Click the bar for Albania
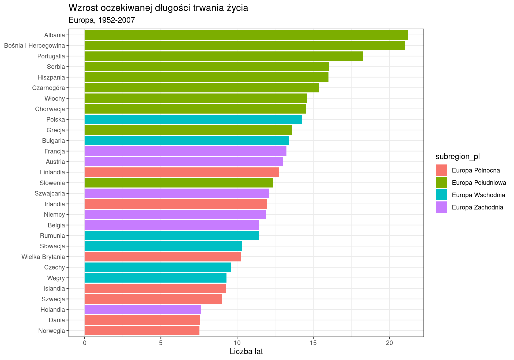coord(246,35)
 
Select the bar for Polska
coord(193,119)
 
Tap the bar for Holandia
coord(143,310)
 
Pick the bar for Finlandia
coord(182,172)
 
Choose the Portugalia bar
coord(224,56)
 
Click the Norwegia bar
coord(142,331)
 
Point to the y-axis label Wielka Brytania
coord(43,257)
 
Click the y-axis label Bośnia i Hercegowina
coord(35,46)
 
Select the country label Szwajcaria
coord(50,194)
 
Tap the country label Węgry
coord(56,278)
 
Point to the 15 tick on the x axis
coord(313,343)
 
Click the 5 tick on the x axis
coord(161,343)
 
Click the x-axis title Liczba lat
coord(246,352)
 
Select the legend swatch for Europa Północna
coord(441,170)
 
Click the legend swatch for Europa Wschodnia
coord(441,195)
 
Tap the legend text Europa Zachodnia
coord(477,207)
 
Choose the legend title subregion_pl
coord(458,157)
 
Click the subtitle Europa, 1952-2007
coord(102,20)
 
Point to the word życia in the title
coord(237,8)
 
